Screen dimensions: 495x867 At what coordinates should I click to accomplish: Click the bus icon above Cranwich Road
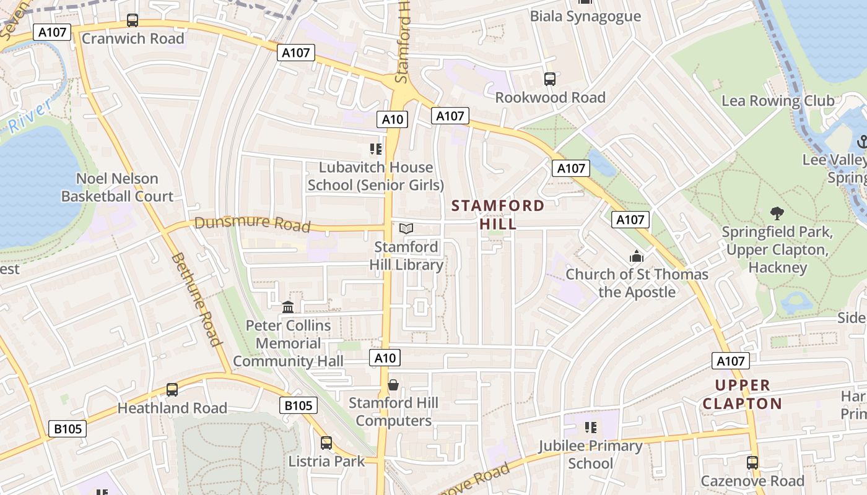pyautogui.click(x=133, y=20)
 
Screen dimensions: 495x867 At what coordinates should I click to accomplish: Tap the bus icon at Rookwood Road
pyautogui.click(x=550, y=79)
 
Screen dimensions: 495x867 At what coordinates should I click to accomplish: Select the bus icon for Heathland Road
pyautogui.click(x=172, y=390)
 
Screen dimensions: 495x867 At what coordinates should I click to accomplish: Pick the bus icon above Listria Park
pyautogui.click(x=326, y=443)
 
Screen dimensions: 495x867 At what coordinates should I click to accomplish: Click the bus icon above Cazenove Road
pyautogui.click(x=752, y=463)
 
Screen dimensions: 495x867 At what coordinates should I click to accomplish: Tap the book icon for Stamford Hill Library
pyautogui.click(x=406, y=229)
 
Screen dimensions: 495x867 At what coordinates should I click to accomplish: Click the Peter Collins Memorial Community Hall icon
pyautogui.click(x=288, y=307)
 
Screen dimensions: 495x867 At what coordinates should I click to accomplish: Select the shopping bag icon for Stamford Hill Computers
pyautogui.click(x=393, y=385)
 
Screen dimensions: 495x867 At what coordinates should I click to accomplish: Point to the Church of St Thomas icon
pyautogui.click(x=637, y=256)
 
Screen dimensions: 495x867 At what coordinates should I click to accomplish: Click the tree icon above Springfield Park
pyautogui.click(x=777, y=214)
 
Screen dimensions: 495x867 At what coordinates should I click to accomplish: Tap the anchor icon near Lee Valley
pyautogui.click(x=861, y=142)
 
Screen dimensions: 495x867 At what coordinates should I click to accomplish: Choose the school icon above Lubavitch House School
pyautogui.click(x=375, y=149)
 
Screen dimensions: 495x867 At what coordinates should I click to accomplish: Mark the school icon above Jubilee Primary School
pyautogui.click(x=590, y=428)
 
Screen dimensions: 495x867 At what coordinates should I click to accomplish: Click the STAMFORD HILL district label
pyautogui.click(x=499, y=215)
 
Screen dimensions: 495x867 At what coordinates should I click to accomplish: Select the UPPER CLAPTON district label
pyautogui.click(x=742, y=395)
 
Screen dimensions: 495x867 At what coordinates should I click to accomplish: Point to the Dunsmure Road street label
pyautogui.click(x=252, y=223)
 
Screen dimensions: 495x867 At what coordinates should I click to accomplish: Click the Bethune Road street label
pyautogui.click(x=196, y=299)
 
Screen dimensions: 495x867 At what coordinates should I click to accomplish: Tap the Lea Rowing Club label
pyautogui.click(x=778, y=101)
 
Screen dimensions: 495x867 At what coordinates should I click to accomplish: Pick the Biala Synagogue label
pyautogui.click(x=585, y=16)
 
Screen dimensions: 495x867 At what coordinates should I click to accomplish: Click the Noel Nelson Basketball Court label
pyautogui.click(x=117, y=187)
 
